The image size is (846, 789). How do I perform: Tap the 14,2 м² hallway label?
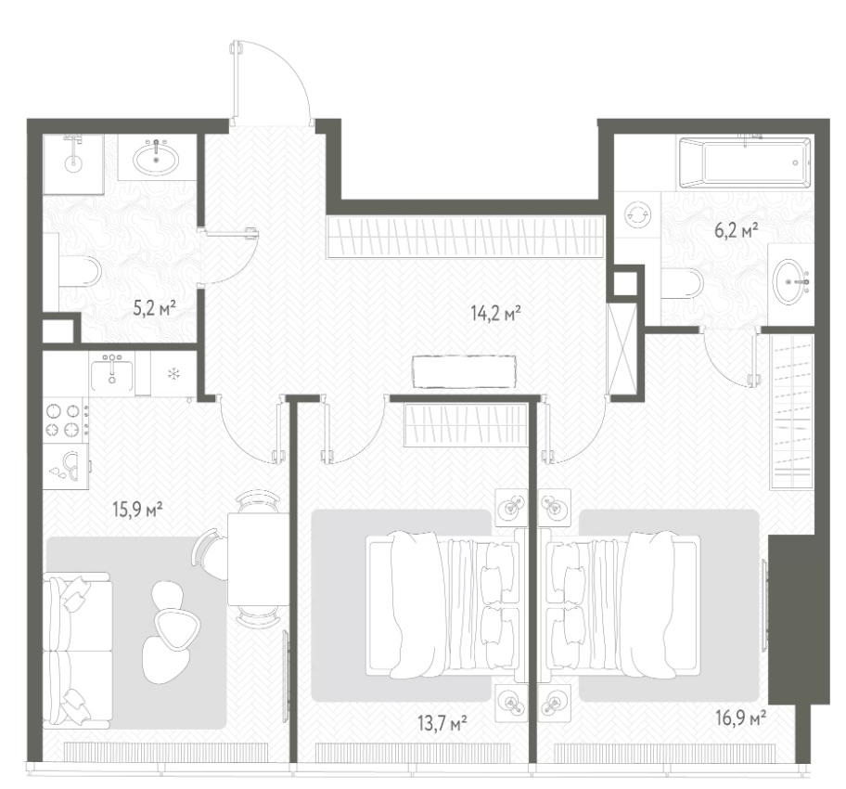[x=496, y=313]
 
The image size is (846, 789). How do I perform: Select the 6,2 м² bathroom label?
[x=737, y=231]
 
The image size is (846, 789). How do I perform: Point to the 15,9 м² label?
[x=138, y=509]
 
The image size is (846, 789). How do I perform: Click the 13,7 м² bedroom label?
[x=442, y=722]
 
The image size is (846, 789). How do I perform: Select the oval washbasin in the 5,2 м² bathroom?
[x=157, y=157]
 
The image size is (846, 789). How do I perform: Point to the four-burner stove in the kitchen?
[x=63, y=420]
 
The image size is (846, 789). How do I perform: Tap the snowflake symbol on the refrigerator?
[x=173, y=373]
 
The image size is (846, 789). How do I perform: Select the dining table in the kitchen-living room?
[x=258, y=559]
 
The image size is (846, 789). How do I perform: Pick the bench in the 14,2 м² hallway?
[x=463, y=371]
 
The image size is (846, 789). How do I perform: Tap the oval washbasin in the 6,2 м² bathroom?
[x=790, y=282]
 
